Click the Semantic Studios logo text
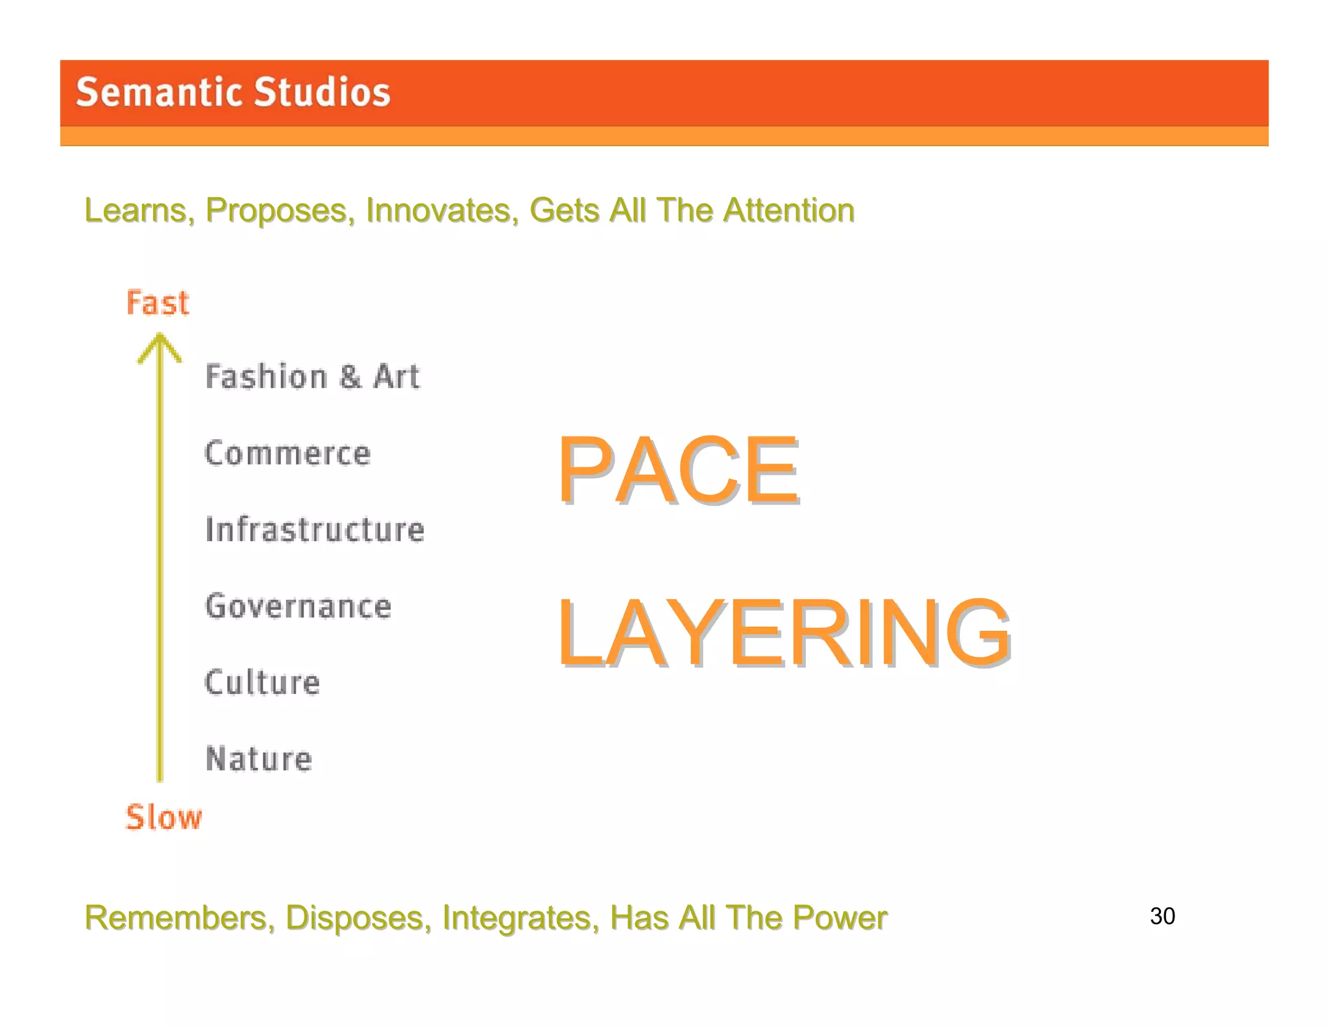tap(233, 92)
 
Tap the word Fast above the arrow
tap(158, 303)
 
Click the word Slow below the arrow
tap(164, 817)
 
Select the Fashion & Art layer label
tap(312, 377)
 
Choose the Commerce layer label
tap(287, 453)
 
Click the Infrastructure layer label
tap(315, 529)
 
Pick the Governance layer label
tap(298, 606)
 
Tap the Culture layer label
tap(262, 682)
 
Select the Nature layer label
tap(259, 759)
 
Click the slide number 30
tap(1162, 916)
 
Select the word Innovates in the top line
tap(442, 210)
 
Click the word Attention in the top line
tap(788, 210)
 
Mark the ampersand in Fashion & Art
tap(350, 377)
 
